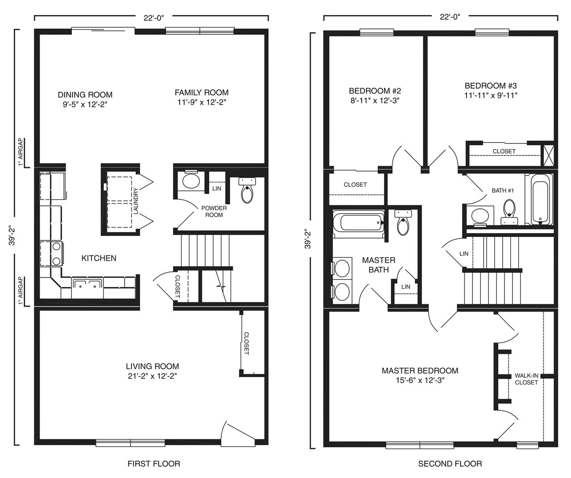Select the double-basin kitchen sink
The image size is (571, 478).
87,284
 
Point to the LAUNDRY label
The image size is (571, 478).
136,201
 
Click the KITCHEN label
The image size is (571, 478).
99,258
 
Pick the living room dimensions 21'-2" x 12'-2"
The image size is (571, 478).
152,376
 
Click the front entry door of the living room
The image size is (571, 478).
237,434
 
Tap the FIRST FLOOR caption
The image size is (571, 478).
154,464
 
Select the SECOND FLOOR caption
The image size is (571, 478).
450,464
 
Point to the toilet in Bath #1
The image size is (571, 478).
509,212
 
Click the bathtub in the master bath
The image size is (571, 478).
359,223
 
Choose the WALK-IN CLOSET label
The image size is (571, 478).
526,379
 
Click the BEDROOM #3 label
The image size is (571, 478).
491,86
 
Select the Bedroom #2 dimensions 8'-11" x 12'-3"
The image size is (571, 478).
375,101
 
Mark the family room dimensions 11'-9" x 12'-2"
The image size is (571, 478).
202,102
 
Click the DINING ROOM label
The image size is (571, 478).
85,95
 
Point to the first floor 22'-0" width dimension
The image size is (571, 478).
154,18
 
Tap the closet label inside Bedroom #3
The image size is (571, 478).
504,151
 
